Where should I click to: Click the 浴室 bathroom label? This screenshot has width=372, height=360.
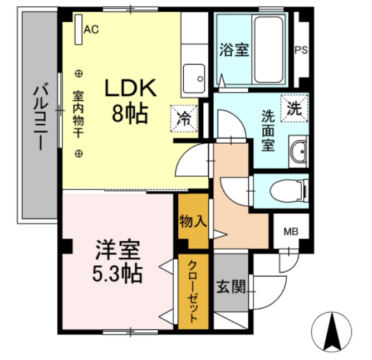coord(233,50)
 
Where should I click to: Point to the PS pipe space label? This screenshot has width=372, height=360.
coord(301,50)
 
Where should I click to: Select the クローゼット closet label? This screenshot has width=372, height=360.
coord(193,291)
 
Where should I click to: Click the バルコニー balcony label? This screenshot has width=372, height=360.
coord(39,117)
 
